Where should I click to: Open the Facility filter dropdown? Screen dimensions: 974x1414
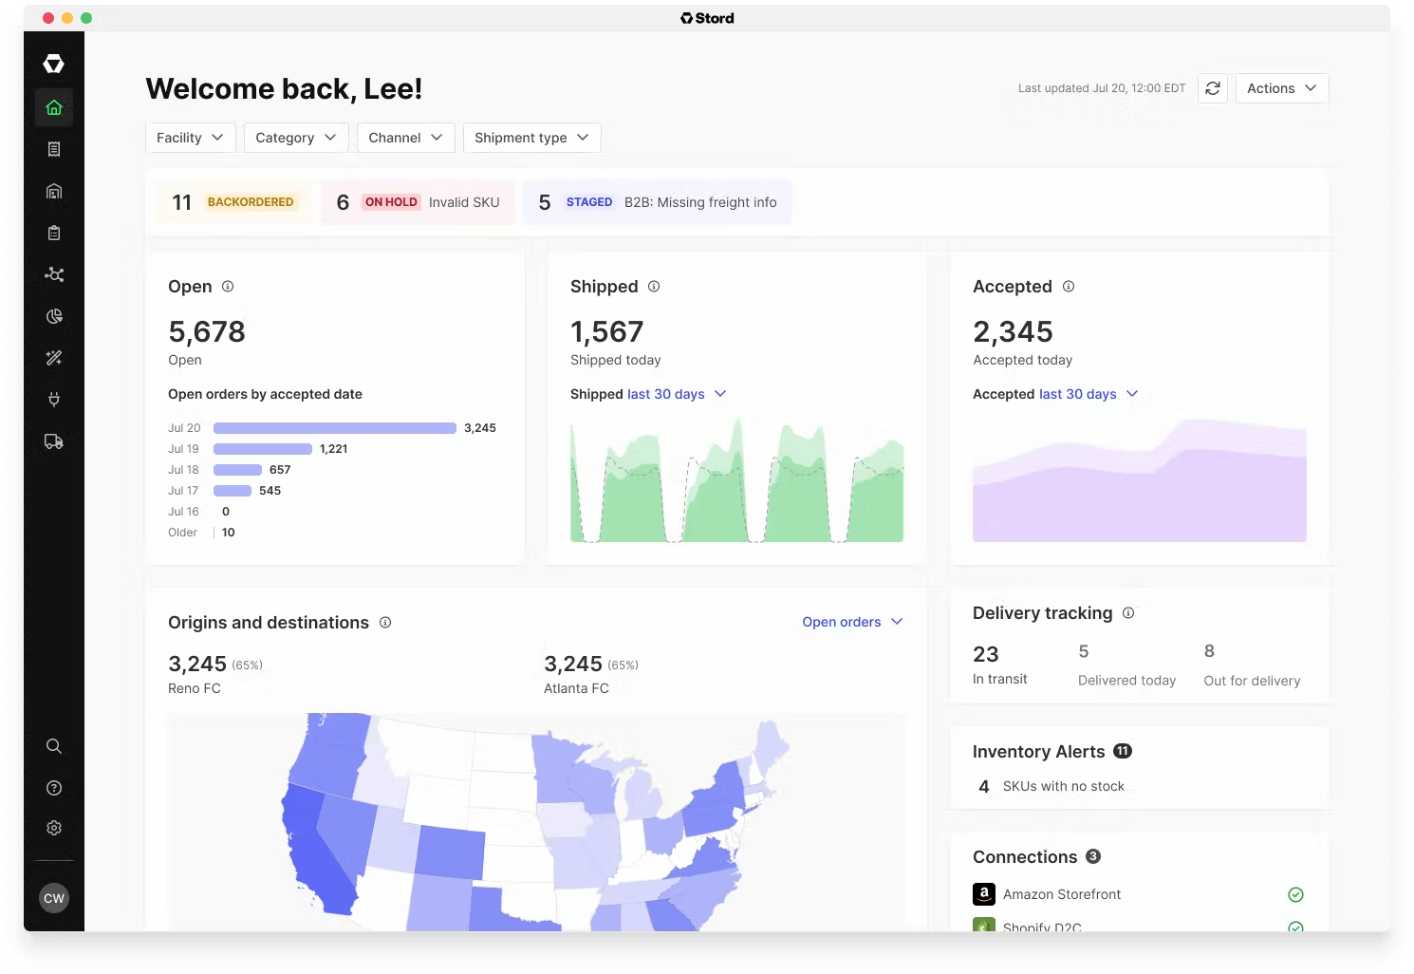point(190,138)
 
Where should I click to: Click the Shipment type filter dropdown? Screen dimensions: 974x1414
point(531,138)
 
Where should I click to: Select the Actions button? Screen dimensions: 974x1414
point(1281,88)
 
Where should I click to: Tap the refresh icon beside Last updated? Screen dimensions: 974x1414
point(1213,88)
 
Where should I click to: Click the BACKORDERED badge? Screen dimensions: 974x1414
point(251,202)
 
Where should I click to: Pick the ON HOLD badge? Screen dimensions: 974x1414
point(391,202)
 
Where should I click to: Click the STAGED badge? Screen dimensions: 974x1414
point(589,202)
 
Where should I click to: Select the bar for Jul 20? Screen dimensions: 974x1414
point(334,428)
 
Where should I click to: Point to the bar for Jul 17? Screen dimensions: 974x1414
point(232,491)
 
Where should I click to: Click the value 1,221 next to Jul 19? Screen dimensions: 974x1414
point(334,449)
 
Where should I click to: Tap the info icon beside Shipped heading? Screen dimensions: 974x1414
point(654,287)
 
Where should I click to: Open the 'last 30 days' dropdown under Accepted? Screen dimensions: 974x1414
point(1088,394)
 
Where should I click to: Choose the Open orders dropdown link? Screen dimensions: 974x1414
point(851,622)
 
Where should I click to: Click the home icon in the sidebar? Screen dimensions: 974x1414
point(54,107)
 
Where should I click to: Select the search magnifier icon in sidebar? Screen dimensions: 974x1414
point(54,746)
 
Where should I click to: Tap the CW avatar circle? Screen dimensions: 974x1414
point(54,898)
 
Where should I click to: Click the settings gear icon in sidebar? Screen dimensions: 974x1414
point(54,828)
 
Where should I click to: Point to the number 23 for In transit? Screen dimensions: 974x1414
point(986,654)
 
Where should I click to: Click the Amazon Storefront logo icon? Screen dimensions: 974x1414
point(984,894)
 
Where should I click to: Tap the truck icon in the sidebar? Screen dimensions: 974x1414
point(54,441)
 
